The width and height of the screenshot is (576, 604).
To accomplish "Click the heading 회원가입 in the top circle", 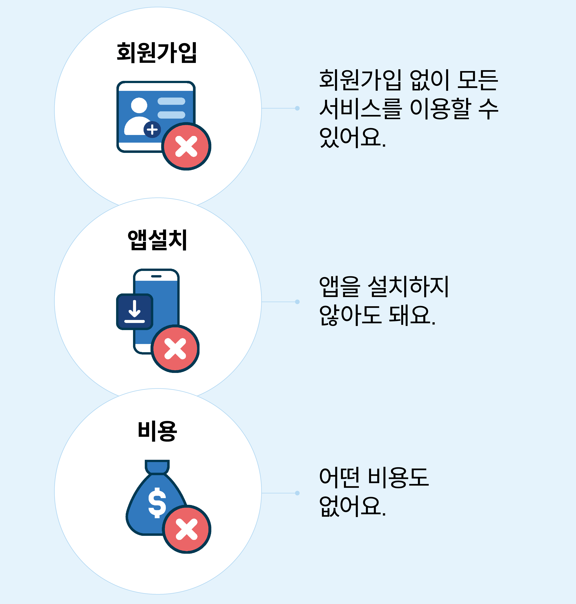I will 157,53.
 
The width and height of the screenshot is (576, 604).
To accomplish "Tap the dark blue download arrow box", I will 135,312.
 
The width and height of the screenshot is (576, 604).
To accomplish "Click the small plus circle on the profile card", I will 152,130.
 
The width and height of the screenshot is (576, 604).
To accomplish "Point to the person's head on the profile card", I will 139,105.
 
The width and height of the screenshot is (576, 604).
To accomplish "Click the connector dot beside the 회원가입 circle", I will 297,108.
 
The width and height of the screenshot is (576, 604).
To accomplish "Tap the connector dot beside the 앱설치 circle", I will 297,302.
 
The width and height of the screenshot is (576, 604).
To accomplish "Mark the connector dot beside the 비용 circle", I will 297,493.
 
